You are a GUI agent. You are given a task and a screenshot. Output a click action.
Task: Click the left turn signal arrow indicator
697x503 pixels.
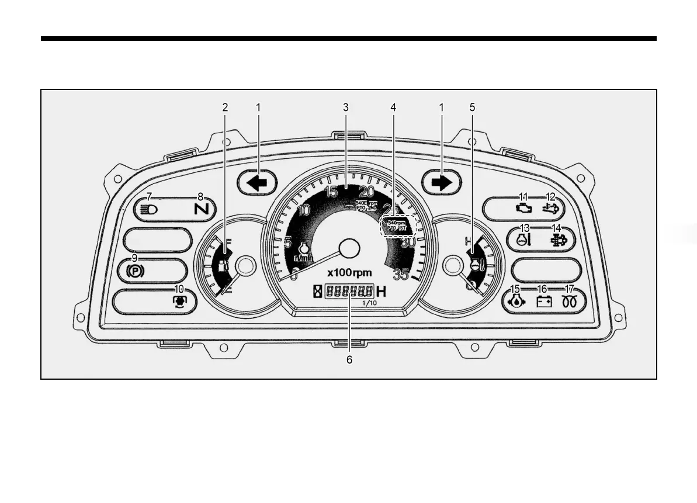(x=258, y=182)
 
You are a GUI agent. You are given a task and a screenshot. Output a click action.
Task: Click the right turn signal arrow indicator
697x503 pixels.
(x=442, y=182)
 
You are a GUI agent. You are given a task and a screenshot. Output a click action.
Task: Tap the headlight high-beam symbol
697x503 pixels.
(x=148, y=209)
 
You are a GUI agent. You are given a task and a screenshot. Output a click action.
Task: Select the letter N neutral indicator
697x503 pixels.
(x=201, y=208)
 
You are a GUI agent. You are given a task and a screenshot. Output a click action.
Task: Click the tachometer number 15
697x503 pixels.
(x=331, y=192)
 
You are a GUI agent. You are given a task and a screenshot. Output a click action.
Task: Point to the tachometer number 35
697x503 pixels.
(x=401, y=274)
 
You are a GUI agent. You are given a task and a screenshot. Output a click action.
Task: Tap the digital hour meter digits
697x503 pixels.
(x=349, y=290)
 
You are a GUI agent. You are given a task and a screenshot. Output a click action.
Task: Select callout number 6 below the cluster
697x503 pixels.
(x=349, y=360)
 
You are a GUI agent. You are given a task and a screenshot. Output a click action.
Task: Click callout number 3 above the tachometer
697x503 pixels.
(x=346, y=107)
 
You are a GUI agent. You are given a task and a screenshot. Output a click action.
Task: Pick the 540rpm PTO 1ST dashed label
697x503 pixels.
(x=397, y=225)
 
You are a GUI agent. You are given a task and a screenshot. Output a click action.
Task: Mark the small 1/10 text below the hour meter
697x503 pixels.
(x=369, y=303)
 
